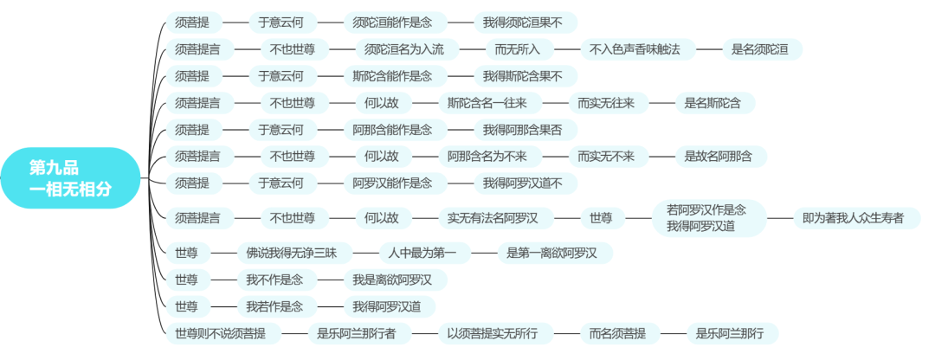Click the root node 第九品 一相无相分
point(70,178)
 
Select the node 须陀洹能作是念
point(392,22)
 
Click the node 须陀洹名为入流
point(404,49)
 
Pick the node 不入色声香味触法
point(635,49)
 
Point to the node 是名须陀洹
point(759,49)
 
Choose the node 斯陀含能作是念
point(392,76)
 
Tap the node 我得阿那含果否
point(526,130)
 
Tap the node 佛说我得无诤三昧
point(297,253)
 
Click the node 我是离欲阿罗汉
point(398,280)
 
